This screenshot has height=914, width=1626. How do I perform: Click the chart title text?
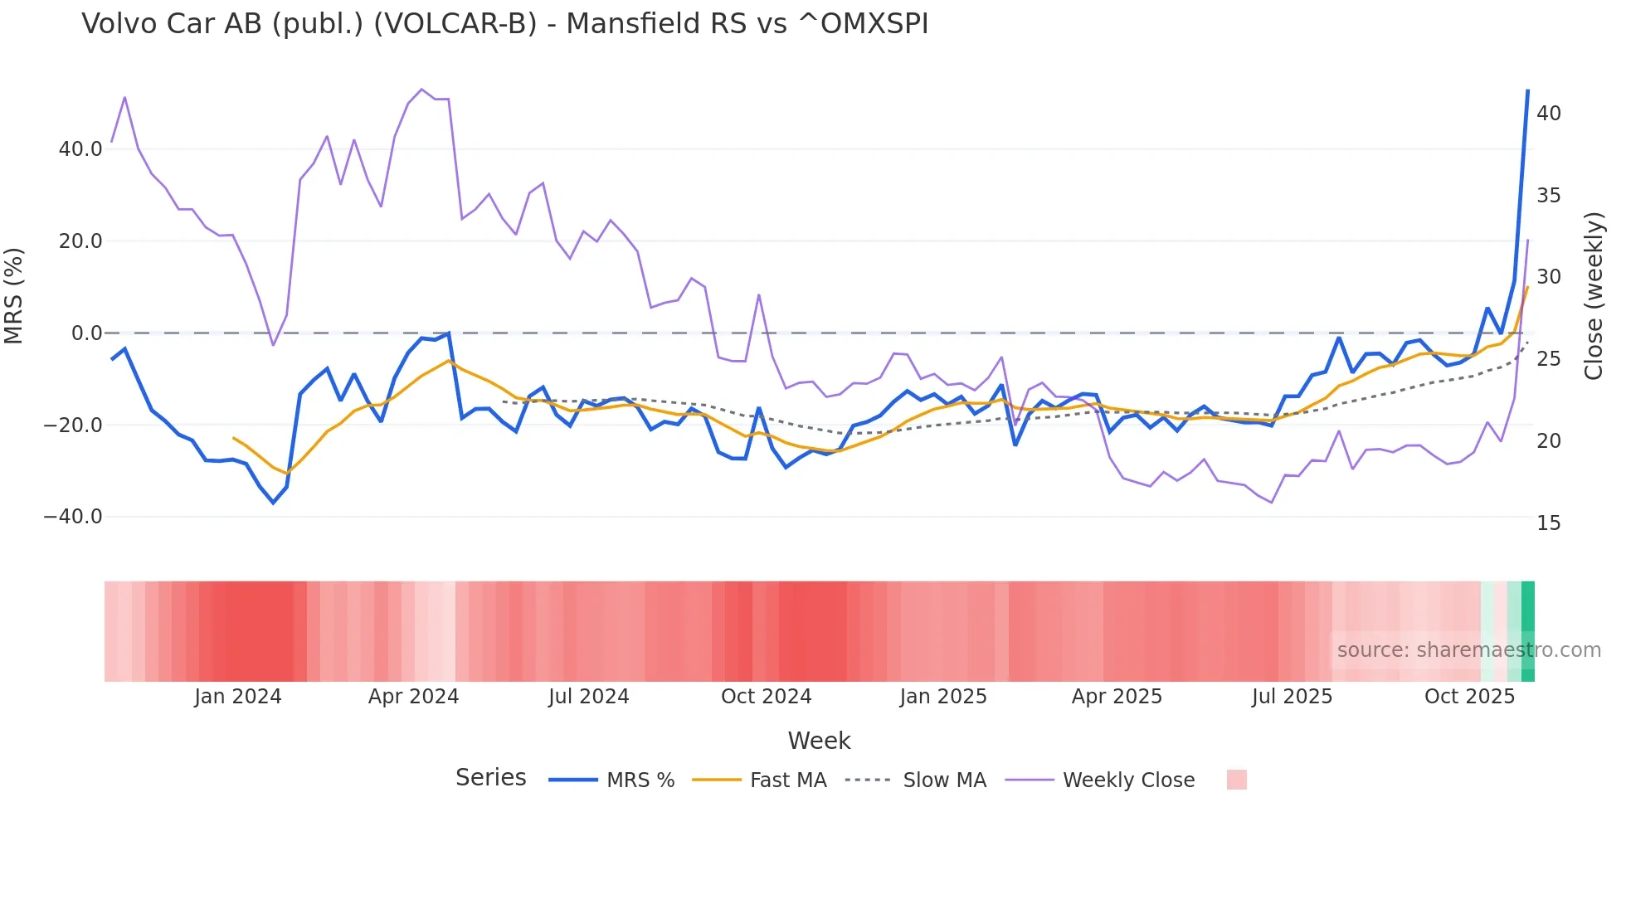(504, 24)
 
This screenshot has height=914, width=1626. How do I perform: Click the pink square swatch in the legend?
(1236, 780)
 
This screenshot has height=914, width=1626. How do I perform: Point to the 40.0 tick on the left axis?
(80, 149)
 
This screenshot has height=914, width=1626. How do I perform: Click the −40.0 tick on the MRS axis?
(73, 517)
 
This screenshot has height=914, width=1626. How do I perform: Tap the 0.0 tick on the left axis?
(86, 333)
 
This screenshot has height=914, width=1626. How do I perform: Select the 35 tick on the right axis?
(1548, 196)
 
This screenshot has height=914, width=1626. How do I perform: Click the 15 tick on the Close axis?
(1548, 523)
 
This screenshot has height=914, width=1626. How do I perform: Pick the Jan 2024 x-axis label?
(238, 697)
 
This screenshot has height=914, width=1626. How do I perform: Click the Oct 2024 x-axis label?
(766, 697)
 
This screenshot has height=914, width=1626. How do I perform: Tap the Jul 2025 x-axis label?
(1292, 697)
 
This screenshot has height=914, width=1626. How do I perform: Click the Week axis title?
(819, 741)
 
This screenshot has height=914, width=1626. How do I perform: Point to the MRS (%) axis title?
(14, 296)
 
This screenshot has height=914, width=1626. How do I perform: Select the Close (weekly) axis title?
(1594, 296)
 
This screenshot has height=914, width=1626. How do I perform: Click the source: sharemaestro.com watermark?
(1468, 650)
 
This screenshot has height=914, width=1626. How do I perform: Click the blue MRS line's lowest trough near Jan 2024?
(273, 503)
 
